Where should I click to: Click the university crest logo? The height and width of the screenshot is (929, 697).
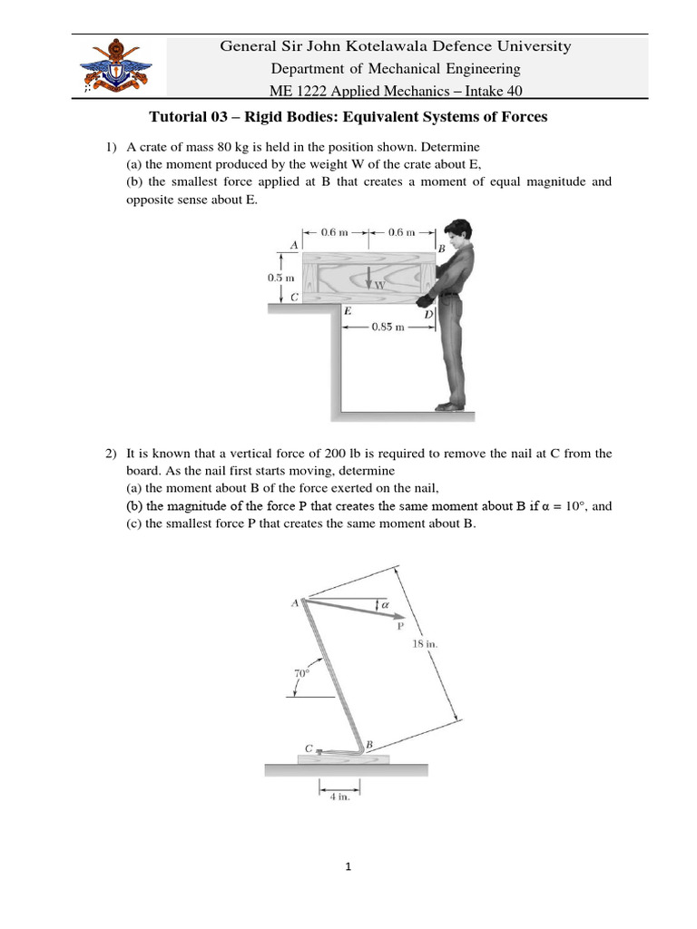tap(113, 66)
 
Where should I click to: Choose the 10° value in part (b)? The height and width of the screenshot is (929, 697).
tap(567, 506)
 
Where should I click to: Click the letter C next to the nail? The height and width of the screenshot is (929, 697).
tap(309, 749)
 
